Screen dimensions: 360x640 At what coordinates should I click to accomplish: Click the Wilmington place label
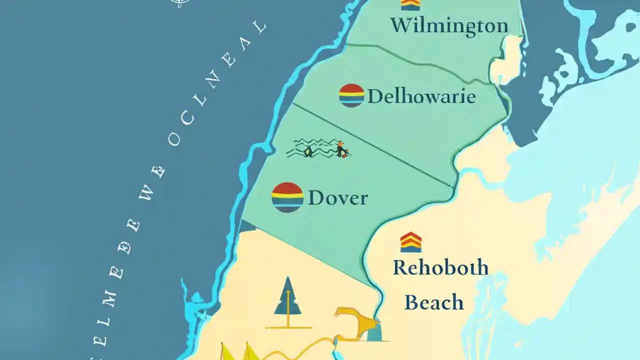[449, 25]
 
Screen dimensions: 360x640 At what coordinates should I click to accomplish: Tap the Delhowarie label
[421, 96]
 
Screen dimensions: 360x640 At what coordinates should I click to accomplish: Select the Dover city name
[337, 198]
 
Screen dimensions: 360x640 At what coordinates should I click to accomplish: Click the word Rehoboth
[440, 268]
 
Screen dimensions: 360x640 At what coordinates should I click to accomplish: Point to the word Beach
[433, 302]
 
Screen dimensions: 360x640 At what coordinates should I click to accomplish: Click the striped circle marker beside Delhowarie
[351, 95]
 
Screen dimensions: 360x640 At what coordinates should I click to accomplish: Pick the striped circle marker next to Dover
[287, 197]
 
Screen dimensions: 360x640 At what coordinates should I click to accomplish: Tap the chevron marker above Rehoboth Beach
[410, 242]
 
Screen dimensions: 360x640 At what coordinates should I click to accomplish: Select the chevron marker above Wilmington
[410, 4]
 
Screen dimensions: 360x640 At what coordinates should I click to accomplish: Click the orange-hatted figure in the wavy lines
[341, 149]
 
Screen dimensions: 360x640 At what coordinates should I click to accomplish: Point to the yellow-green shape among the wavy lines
[308, 150]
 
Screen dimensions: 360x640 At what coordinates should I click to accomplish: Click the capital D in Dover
[316, 198]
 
